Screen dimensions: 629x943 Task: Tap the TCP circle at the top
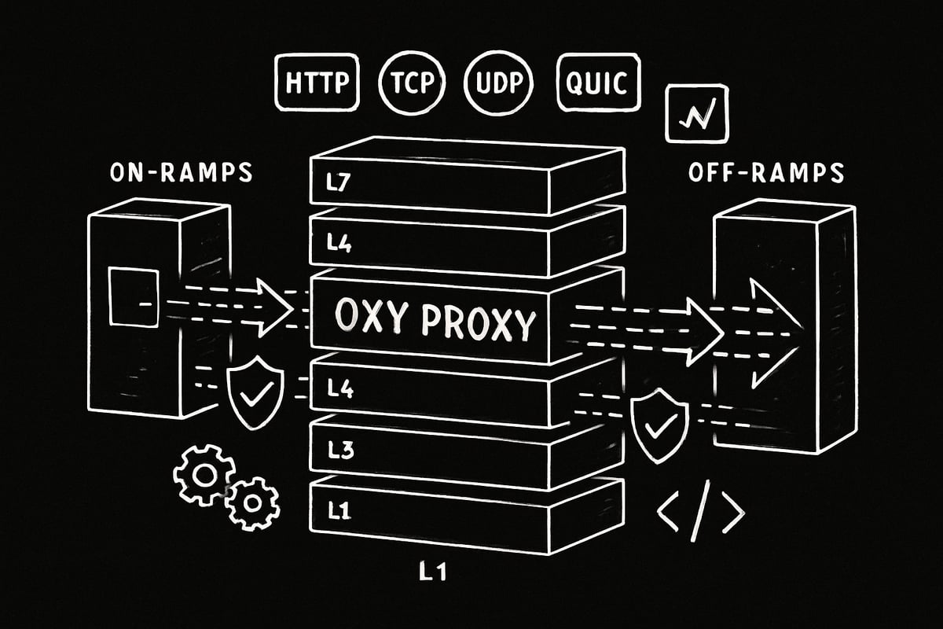point(412,83)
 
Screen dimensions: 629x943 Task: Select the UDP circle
point(500,83)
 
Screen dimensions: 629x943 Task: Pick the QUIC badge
point(597,83)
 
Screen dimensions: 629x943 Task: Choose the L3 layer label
point(338,451)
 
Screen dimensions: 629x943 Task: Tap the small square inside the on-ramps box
point(133,296)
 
